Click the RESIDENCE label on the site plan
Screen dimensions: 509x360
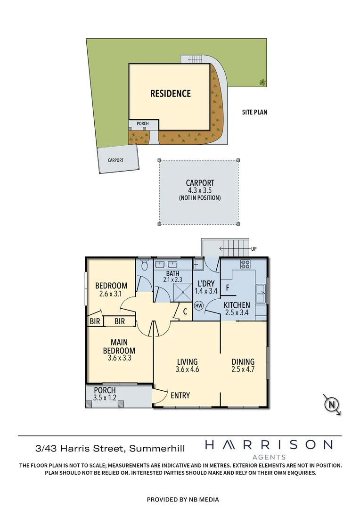pos(170,93)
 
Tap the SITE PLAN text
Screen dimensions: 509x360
pos(254,112)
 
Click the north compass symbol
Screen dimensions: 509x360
pos(332,404)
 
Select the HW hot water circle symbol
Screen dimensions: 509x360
pos(199,305)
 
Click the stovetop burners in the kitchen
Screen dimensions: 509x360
pos(245,264)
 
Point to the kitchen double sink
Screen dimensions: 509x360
pos(261,293)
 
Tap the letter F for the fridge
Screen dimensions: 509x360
pos(228,287)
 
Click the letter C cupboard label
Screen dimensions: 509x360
pos(185,311)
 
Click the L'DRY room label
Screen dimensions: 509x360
pos(205,287)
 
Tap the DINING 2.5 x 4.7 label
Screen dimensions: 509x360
pos(243,365)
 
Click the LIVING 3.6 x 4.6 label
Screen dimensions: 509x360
pos(187,365)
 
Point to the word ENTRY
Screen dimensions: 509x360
pos(180,395)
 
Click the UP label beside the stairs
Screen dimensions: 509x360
pos(254,248)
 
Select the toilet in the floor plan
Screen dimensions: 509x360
pos(145,262)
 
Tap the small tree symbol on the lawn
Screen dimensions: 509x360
pos(262,82)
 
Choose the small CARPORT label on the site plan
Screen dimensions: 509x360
pos(115,160)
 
